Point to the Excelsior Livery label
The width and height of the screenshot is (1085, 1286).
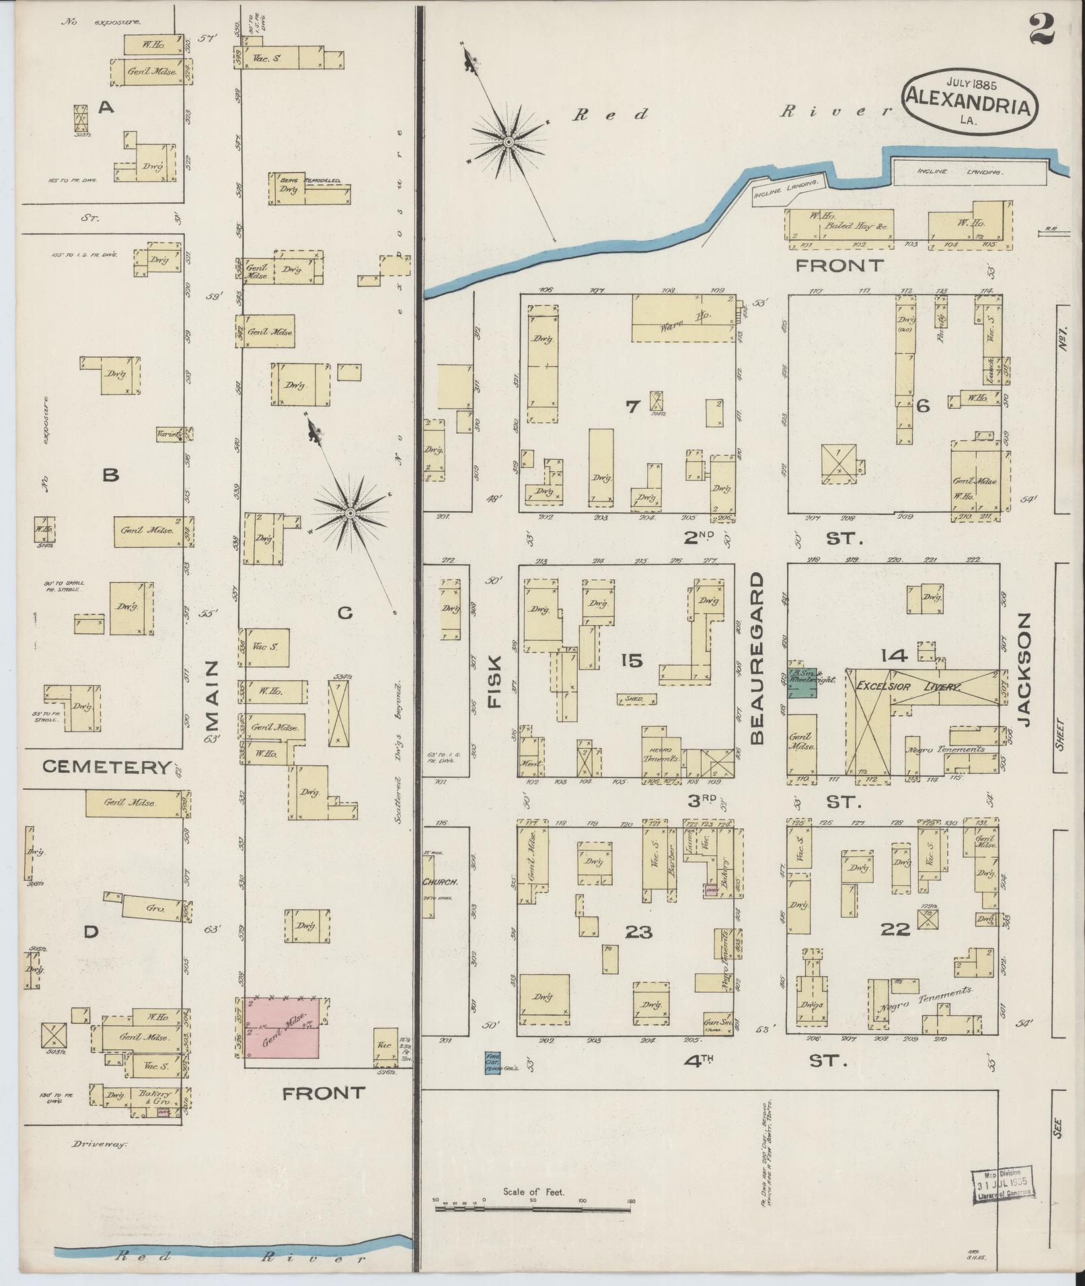pyautogui.click(x=908, y=686)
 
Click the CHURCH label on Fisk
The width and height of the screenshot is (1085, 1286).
pyautogui.click(x=440, y=881)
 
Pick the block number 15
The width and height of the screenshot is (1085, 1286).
pyautogui.click(x=632, y=660)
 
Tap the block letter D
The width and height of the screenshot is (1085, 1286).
pyautogui.click(x=91, y=931)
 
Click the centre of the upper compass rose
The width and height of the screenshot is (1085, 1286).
pyautogui.click(x=509, y=142)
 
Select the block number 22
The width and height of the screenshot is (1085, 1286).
pyautogui.click(x=895, y=929)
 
